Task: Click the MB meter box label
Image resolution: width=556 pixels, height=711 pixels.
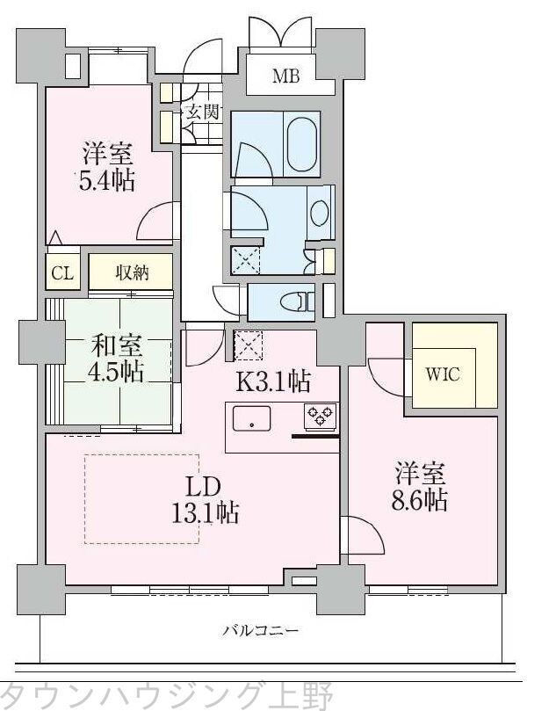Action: [285, 76]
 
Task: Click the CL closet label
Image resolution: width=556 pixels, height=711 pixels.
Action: [61, 272]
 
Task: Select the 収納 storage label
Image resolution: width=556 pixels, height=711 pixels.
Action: [132, 272]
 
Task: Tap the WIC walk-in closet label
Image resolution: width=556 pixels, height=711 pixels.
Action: [443, 372]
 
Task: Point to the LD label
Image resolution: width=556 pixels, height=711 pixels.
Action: [207, 487]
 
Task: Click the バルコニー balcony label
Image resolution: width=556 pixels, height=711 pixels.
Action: [260, 630]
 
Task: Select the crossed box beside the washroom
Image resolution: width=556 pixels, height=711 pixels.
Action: [245, 261]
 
